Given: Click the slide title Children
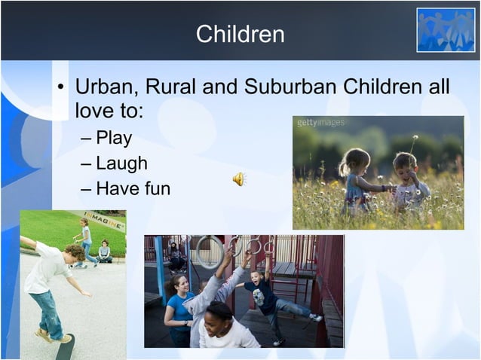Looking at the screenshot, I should (x=240, y=34).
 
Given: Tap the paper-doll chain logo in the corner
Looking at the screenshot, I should (x=446, y=30).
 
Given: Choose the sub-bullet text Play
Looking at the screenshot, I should (x=114, y=138).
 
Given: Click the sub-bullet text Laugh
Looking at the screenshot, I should (x=121, y=163).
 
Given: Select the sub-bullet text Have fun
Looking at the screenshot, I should (x=133, y=188).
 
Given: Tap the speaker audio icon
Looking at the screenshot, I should (x=238, y=178).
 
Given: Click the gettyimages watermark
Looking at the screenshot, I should (x=320, y=123).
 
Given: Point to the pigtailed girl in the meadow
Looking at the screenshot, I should (x=355, y=181).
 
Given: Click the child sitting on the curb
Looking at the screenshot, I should (x=104, y=252).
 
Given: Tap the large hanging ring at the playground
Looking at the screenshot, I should (x=209, y=251).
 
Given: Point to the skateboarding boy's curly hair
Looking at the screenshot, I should (x=73, y=251).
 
